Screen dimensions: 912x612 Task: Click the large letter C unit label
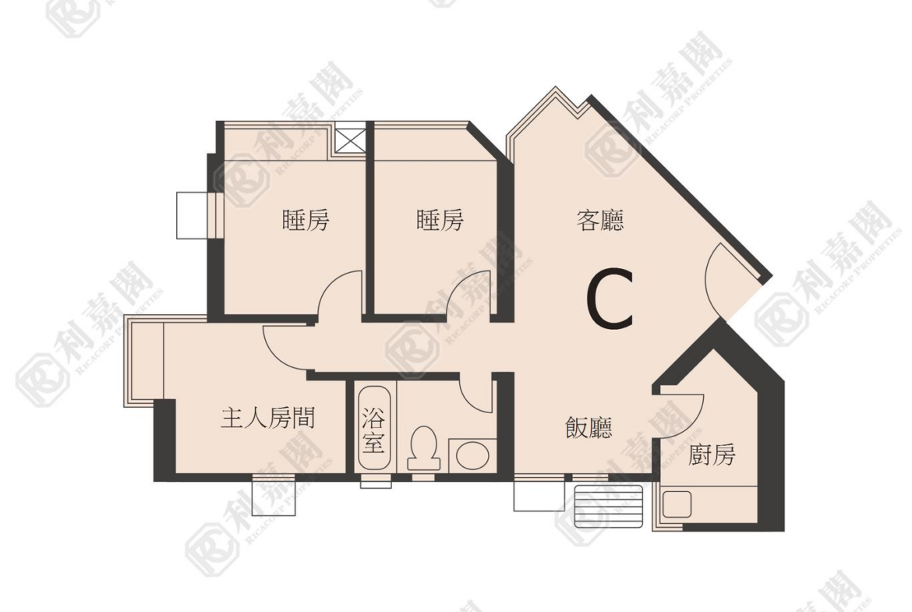click(610, 299)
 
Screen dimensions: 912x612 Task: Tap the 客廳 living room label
click(599, 221)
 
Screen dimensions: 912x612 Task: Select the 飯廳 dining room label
click(589, 427)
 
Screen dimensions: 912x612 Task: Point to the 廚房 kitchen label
click(712, 455)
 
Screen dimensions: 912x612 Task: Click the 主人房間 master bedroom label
click(267, 418)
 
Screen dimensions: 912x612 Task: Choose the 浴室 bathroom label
click(373, 430)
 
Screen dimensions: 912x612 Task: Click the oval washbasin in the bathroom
click(472, 455)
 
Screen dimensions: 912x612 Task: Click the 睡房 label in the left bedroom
click(306, 220)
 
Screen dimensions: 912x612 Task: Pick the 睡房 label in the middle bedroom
click(440, 220)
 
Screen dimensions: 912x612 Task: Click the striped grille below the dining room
click(608, 505)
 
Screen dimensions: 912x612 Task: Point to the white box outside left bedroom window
click(192, 214)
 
